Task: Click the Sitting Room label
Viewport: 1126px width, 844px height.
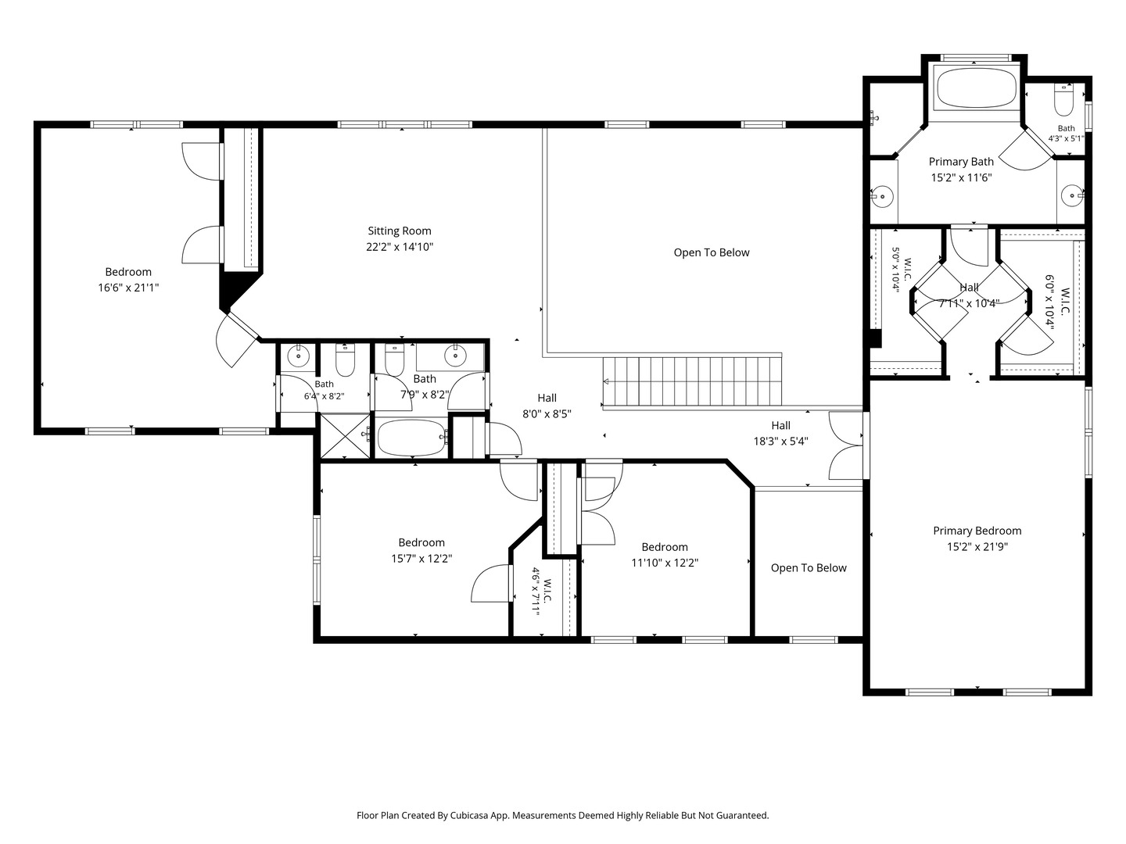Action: coord(399,231)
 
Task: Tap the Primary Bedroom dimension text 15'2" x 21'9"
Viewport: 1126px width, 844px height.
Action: coord(977,547)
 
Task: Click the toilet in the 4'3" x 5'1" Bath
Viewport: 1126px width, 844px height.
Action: coord(1063,101)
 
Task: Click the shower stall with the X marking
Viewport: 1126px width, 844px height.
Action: coord(345,435)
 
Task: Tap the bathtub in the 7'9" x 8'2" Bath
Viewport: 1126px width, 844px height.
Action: coord(412,437)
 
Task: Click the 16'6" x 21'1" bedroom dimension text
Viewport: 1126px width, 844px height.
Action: coord(128,288)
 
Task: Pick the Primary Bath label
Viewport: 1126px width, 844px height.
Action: coord(961,162)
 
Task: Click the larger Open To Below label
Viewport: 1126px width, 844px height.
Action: coord(712,252)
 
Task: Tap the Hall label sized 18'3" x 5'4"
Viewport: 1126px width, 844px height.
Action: coord(780,425)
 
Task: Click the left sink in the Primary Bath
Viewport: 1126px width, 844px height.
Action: coord(882,196)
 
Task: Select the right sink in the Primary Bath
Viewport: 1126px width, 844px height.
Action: coord(1071,195)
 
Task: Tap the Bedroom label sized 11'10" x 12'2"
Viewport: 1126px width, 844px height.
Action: coord(665,547)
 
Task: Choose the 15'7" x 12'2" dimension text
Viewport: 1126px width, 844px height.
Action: coord(421,558)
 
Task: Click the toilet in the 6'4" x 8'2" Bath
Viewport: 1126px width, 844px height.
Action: coord(345,360)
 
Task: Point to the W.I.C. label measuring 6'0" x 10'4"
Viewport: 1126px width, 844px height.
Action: coord(1064,302)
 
